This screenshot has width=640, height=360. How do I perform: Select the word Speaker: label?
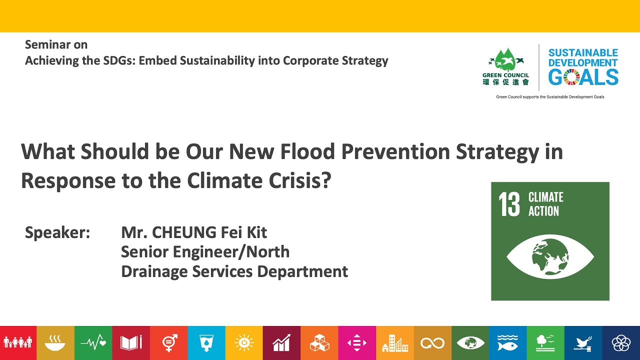(57, 233)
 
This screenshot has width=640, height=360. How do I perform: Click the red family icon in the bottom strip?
(18, 343)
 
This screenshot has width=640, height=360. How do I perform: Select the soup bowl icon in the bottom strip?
(55, 343)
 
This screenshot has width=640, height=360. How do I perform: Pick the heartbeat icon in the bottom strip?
(93, 343)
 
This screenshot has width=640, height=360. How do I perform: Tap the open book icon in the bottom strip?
(131, 343)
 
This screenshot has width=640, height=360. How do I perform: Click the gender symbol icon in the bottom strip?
(169, 343)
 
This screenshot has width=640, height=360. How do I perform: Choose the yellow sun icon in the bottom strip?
(244, 343)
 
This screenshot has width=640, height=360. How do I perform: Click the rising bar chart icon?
(281, 343)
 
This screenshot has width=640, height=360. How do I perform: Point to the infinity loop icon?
(432, 343)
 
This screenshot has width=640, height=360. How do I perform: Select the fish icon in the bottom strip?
(507, 343)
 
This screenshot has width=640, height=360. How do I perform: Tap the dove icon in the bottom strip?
(583, 343)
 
